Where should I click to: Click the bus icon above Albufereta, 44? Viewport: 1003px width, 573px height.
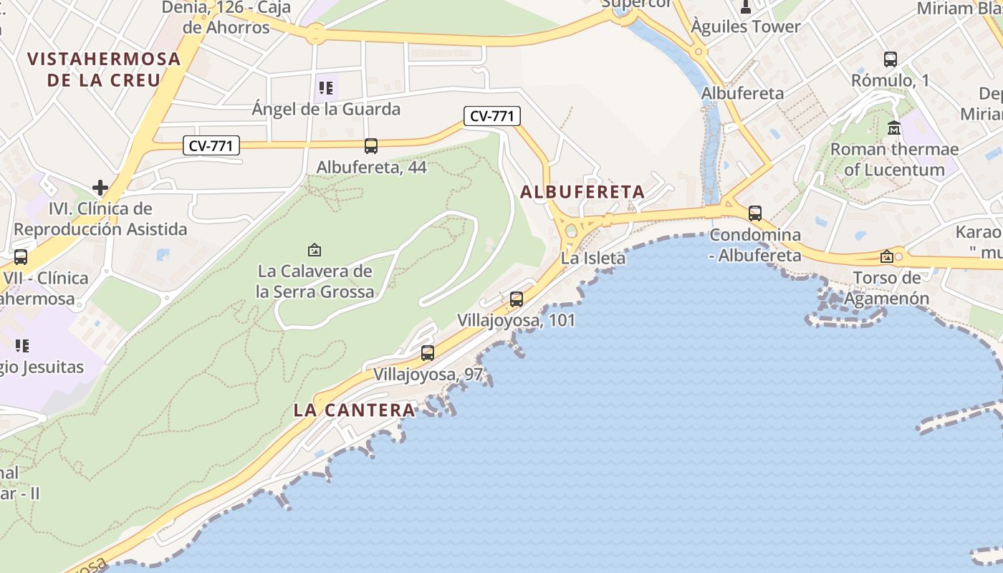371,146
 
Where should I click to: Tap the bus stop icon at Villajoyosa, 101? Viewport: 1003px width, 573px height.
517,299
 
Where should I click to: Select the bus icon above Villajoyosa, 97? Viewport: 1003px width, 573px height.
428,353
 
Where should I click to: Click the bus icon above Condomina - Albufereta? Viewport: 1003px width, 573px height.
755,213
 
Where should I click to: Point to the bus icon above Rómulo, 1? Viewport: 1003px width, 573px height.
891,59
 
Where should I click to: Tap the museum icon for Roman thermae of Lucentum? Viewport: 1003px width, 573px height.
894,128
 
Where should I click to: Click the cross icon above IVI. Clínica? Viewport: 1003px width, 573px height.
100,188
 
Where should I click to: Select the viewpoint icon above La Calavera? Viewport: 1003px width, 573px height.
314,250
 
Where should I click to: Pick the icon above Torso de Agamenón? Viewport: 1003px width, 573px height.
887,256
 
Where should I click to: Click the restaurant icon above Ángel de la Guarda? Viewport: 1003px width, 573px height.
326,88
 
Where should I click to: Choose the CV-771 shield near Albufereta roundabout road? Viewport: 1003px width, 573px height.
491,116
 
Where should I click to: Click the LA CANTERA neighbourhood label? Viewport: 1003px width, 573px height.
355,410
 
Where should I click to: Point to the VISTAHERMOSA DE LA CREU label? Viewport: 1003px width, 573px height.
105,69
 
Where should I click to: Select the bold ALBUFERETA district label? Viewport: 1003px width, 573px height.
582,192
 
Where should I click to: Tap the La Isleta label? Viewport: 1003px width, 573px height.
593,259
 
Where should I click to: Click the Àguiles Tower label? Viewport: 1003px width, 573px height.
746,27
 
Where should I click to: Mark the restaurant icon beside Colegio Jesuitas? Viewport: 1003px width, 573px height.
22,346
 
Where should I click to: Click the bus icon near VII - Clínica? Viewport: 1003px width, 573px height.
21,256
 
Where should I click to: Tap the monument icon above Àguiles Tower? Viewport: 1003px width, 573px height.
746,7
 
